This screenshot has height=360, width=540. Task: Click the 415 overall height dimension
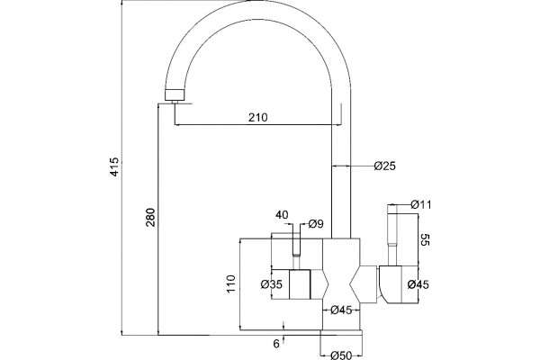pos(114,166)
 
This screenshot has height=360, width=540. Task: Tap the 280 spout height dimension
pos(151,218)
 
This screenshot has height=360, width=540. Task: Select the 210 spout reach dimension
pos(258,118)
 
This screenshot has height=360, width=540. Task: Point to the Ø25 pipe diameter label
pos(385,166)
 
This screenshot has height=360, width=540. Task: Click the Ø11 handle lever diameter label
pos(421,204)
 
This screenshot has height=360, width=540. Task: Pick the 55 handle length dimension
pos(426,239)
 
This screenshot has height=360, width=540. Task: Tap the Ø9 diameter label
pos(316,224)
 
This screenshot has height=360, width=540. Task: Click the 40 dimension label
pos(282,215)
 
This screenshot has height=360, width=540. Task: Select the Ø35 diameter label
pos(272,284)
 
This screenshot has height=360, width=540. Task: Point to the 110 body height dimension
pos(231,283)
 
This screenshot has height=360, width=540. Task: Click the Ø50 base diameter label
pos(341,355)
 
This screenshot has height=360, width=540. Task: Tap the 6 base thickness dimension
pos(276,344)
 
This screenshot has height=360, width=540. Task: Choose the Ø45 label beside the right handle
pos(418,284)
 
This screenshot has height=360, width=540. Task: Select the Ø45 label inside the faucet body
pos(341,310)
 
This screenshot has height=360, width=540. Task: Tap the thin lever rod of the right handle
pos(392,239)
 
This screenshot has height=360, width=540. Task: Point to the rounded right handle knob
pos(391,284)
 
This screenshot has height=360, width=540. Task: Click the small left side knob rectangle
pos(300,284)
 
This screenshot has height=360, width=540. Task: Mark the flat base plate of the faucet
pos(341,332)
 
